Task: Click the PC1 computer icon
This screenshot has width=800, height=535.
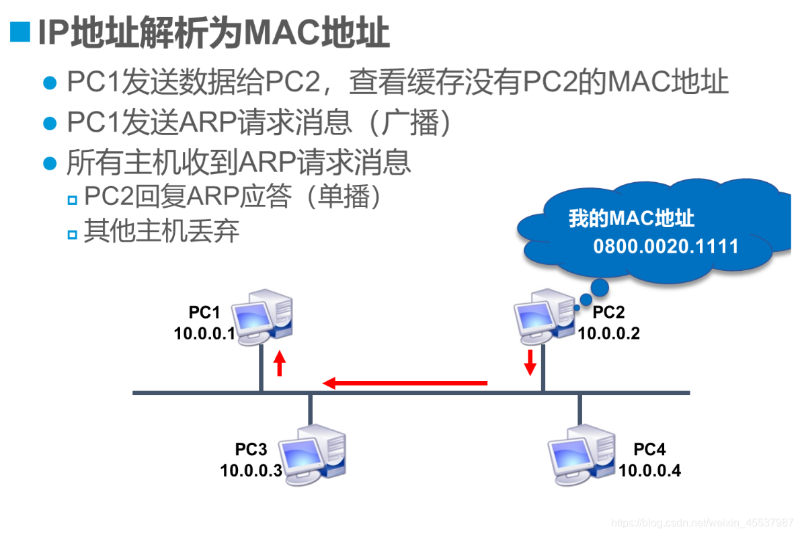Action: pos(263,316)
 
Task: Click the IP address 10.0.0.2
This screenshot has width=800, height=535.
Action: pos(609,333)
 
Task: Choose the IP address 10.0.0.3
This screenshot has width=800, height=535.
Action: pos(251,470)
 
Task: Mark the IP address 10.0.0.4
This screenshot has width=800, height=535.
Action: pos(650,470)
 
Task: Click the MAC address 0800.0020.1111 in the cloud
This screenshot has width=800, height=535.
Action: pos(666,246)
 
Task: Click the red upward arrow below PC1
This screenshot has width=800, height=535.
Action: pos(280,364)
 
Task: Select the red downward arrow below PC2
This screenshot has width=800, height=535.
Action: pos(530,362)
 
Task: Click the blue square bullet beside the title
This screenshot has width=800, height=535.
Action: pos(20,32)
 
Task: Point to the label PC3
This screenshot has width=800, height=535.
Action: pos(251,449)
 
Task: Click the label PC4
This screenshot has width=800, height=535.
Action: pos(649,449)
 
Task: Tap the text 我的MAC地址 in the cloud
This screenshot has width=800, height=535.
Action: pos(631,218)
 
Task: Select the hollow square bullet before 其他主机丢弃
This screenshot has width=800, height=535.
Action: pos(73,234)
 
